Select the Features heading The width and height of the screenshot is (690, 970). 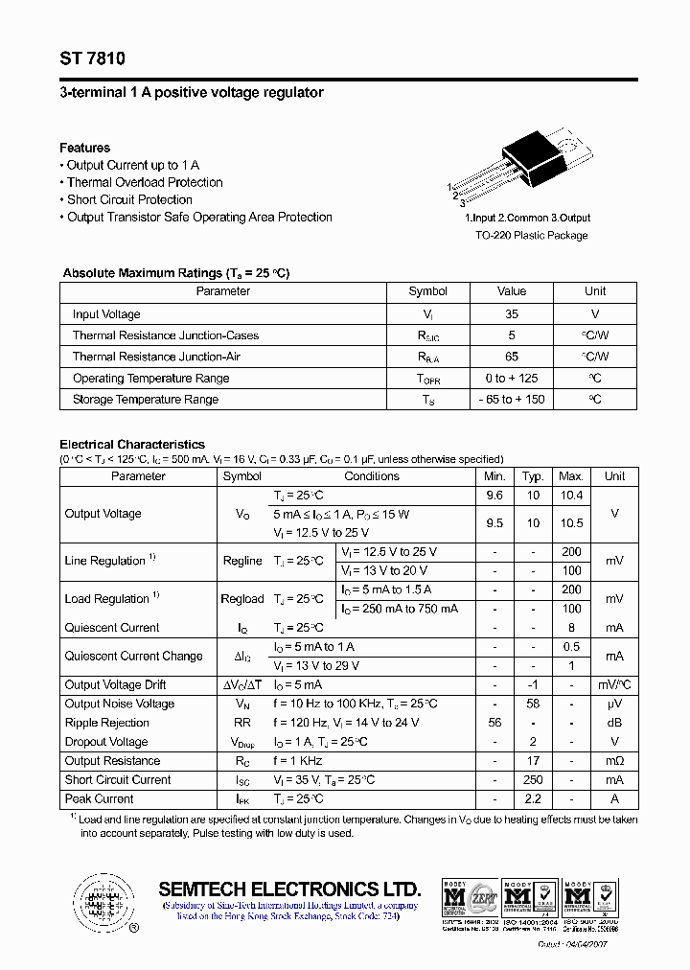[x=84, y=148]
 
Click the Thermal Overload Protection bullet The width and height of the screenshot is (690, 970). [x=144, y=182]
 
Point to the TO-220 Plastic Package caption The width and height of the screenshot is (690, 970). [x=532, y=235]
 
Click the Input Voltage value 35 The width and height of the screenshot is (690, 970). [x=512, y=314]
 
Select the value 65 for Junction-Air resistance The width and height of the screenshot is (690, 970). [x=512, y=357]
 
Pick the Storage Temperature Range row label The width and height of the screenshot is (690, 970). [x=146, y=399]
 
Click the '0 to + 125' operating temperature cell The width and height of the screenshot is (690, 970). [x=512, y=378]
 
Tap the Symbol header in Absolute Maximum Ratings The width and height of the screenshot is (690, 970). [x=427, y=291]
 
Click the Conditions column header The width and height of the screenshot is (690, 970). [x=372, y=476]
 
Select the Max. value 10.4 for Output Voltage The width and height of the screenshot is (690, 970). [x=571, y=496]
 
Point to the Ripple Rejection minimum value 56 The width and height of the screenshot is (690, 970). [x=494, y=723]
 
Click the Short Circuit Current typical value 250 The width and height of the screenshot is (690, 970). [x=533, y=779]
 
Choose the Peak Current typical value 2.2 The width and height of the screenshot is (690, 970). [x=533, y=798]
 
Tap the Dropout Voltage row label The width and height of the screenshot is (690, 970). [x=106, y=742]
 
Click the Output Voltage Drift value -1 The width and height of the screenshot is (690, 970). [x=533, y=684]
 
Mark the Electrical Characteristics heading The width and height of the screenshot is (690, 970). [x=132, y=445]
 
